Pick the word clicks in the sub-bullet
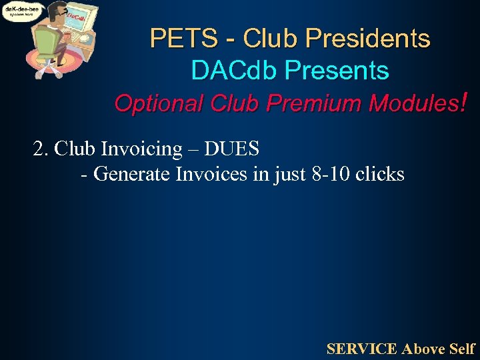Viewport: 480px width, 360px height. (x=379, y=174)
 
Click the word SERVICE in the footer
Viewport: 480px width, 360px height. (x=362, y=348)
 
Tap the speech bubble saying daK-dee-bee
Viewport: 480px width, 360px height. (x=23, y=12)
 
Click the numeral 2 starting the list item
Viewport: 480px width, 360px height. (x=38, y=148)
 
